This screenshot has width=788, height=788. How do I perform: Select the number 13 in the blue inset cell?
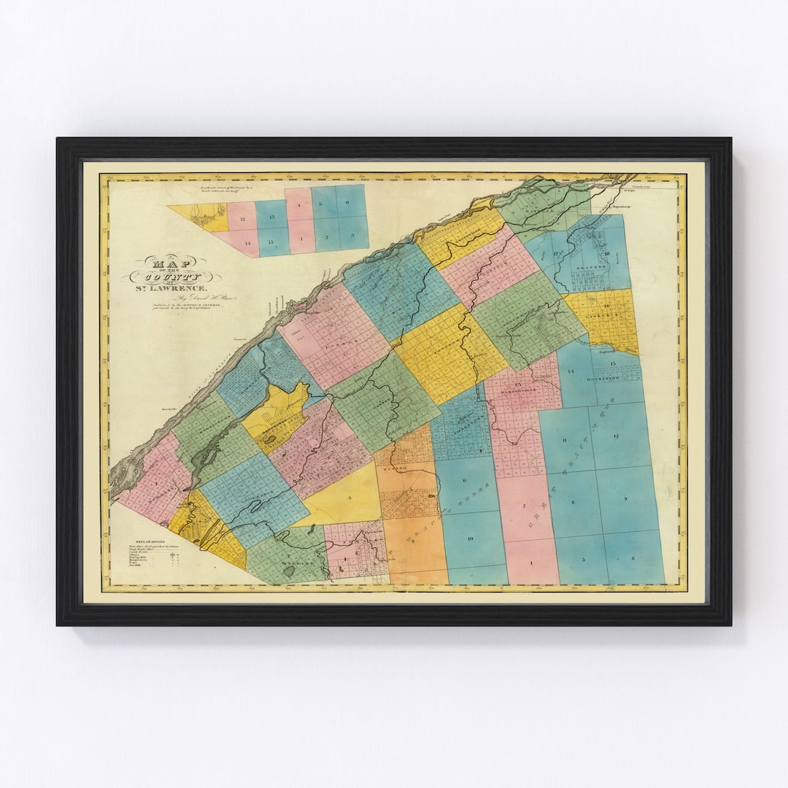(271, 218)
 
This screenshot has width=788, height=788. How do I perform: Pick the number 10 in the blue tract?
(470, 538)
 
